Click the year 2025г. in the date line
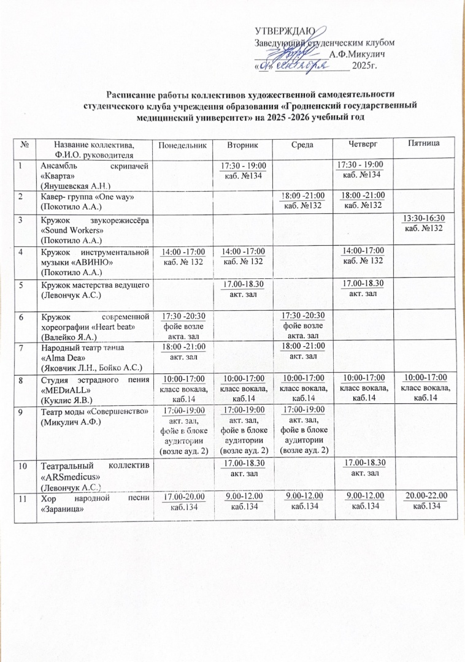[x=364, y=66]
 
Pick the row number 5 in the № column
[x=21, y=284]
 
